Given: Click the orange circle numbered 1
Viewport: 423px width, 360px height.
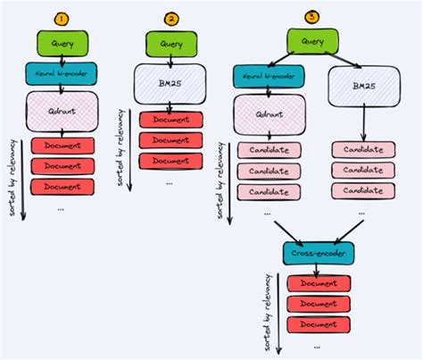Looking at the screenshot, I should pos(60,18).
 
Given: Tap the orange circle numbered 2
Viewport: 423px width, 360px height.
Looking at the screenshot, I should pos(171,18).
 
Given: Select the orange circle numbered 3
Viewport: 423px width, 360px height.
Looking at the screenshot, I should pos(311,16).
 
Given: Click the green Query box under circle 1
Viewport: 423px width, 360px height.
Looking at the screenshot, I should pos(60,41).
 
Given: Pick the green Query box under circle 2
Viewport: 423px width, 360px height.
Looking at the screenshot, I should pos(171,42).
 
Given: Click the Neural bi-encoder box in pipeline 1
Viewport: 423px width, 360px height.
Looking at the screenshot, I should pos(60,73).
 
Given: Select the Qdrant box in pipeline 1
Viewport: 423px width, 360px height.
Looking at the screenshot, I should pos(60,112).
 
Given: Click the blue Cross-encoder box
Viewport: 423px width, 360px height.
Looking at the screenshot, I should pos(318,255).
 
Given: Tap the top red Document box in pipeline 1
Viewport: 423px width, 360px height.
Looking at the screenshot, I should pos(62,146).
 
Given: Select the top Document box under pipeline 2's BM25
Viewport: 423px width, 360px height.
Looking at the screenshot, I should pos(171,120).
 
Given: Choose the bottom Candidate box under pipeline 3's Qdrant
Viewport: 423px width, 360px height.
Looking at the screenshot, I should pos(269,191).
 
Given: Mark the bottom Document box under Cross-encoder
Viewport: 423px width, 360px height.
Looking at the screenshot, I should pos(318,324).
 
